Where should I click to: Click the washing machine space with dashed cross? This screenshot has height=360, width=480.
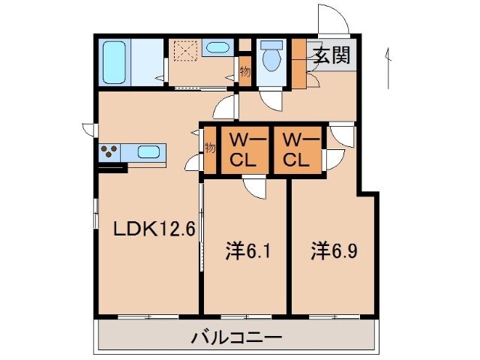coord(184,50)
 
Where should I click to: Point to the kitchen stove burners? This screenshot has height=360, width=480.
coord(109,151)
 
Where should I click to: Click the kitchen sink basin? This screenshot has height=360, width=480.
coord(148,152)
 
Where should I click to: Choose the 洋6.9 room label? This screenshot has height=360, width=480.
coord(334,250)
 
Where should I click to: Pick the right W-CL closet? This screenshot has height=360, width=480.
coord(295,150)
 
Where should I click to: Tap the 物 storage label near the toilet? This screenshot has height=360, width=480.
coord(244,72)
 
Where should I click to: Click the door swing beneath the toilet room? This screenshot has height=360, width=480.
coord(270,97)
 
